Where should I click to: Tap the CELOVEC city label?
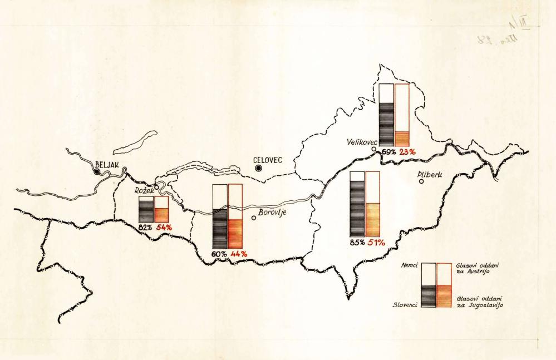click(x=268, y=160)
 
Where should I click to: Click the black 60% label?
click(x=219, y=254)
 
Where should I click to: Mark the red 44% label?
click(x=238, y=254)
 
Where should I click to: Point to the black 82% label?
click(x=146, y=227)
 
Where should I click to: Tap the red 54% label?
click(x=165, y=227)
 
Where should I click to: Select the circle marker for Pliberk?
click(x=421, y=181)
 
